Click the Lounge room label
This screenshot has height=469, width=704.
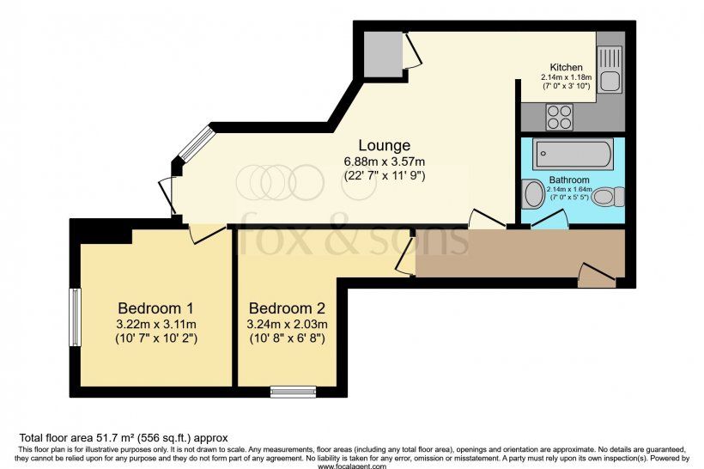pyautogui.click(x=384, y=145)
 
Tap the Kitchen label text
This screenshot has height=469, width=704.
pyautogui.click(x=566, y=67)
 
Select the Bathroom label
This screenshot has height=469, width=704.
pyautogui.click(x=569, y=180)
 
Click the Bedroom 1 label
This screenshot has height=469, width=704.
pyautogui.click(x=155, y=308)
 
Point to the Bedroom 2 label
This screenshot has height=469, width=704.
pyautogui.click(x=287, y=308)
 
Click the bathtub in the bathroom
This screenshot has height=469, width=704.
pyautogui.click(x=573, y=154)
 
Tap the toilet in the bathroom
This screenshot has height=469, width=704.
pyautogui.click(x=608, y=197)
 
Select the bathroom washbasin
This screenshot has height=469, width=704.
pyautogui.click(x=533, y=193)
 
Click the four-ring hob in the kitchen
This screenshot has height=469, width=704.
pyautogui.click(x=559, y=117)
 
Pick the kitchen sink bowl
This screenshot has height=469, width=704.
pyautogui.click(x=610, y=82)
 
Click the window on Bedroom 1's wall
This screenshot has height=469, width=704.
pyautogui.click(x=75, y=317)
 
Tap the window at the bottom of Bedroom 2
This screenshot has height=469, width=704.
pyautogui.click(x=293, y=393)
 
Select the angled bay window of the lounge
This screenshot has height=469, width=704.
pyautogui.click(x=196, y=143)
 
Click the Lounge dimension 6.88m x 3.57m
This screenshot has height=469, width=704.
pyautogui.click(x=385, y=161)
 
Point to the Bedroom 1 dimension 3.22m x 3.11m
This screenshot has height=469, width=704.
pyautogui.click(x=155, y=324)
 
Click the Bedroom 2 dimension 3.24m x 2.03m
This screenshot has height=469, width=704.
pyautogui.click(x=287, y=324)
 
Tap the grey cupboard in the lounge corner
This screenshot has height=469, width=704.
pyautogui.click(x=383, y=55)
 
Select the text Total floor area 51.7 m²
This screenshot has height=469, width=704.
pyautogui.click(x=76, y=437)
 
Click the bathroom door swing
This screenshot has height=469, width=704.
pyautogui.click(x=549, y=219)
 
